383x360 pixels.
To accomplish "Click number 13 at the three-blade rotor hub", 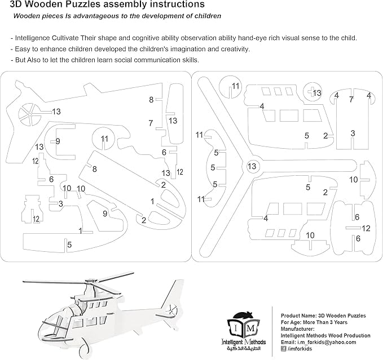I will tap(252, 166).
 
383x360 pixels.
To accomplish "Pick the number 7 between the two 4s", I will tap(351, 99).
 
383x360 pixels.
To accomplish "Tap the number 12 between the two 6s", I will tap(366, 228).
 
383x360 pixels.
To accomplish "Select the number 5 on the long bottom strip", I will tap(69, 245).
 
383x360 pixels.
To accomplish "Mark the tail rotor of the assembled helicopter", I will tap(174, 309).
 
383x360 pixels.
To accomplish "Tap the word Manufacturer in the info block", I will tap(297, 328).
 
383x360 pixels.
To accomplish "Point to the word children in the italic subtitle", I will tap(204, 16).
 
